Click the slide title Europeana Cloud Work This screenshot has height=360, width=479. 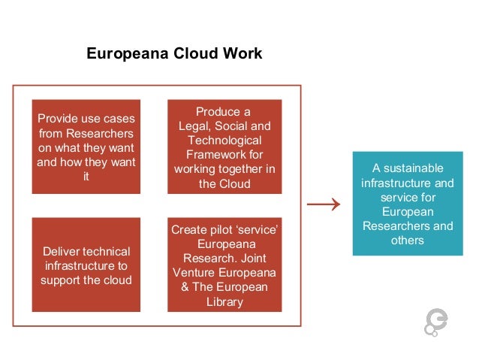pyautogui.click(x=174, y=54)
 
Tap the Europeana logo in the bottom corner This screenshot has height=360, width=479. pyautogui.click(x=436, y=322)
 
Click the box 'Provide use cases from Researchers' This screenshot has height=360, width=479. pyautogui.click(x=86, y=147)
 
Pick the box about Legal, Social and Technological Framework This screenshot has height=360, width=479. pyautogui.click(x=224, y=147)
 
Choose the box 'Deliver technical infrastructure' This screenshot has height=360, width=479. pyautogui.click(x=86, y=265)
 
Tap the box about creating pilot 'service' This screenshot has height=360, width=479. pyautogui.click(x=224, y=265)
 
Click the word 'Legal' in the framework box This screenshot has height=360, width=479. pyautogui.click(x=194, y=126)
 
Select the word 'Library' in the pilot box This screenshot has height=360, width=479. pyautogui.click(x=224, y=301)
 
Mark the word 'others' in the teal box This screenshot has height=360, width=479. pyautogui.click(x=408, y=241)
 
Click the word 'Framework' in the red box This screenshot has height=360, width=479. pyautogui.click(x=224, y=155)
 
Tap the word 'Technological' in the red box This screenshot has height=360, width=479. pyautogui.click(x=224, y=141)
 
